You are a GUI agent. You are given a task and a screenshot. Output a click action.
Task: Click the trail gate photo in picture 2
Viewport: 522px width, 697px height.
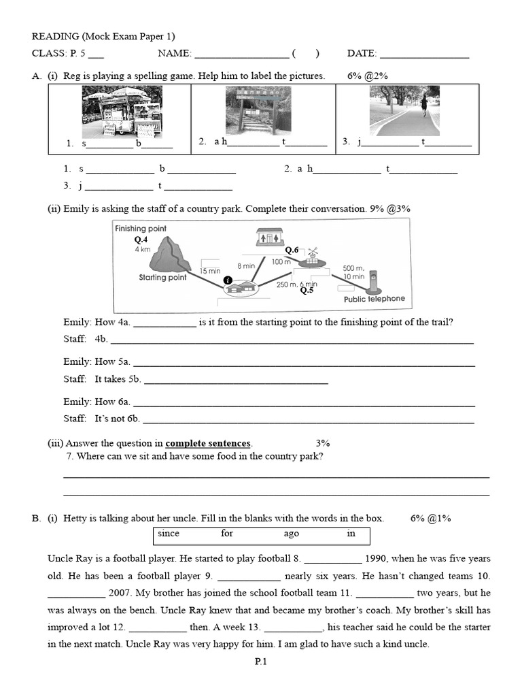(x=258, y=110)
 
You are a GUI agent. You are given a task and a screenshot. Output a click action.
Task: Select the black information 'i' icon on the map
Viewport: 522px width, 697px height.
(x=228, y=280)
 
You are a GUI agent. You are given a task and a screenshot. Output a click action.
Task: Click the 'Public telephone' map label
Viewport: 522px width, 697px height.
(x=374, y=299)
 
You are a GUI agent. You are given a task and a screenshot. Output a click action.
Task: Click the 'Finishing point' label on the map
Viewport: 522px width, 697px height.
(x=141, y=229)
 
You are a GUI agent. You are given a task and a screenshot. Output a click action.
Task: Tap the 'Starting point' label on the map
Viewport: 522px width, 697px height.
(x=162, y=278)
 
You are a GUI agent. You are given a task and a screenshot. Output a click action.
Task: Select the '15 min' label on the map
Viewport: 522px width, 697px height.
(x=210, y=271)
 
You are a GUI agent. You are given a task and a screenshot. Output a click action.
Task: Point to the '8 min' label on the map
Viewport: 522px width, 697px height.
(x=245, y=265)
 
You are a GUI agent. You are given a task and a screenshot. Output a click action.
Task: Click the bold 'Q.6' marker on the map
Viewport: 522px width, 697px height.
(x=292, y=250)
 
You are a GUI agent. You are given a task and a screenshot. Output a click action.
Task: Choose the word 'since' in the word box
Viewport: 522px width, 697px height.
(x=169, y=534)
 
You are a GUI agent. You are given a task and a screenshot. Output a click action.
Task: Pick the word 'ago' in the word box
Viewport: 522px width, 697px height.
(x=291, y=534)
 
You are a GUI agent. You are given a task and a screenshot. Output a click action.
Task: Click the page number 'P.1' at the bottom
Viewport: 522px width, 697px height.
(x=261, y=661)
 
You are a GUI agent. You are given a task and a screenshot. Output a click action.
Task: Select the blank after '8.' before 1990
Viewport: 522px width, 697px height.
(x=332, y=559)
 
